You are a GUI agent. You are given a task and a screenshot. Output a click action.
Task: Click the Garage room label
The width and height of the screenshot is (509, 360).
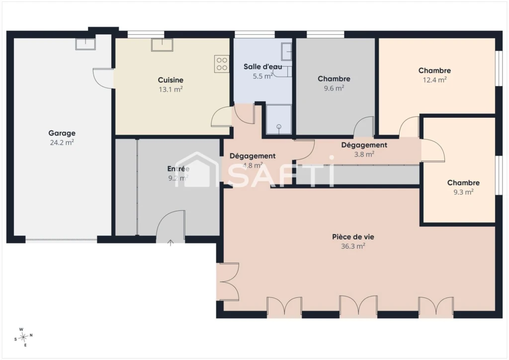coord(62,133)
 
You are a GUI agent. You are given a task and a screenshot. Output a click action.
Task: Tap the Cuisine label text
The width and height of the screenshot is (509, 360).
coord(171,80)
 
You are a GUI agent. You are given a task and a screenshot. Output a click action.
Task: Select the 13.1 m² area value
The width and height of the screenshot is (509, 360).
coord(171,90)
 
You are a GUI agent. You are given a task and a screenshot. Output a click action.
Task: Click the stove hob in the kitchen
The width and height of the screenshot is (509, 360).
coord(222,64)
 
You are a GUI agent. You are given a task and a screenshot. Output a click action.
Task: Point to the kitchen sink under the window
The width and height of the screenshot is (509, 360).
coord(162,45)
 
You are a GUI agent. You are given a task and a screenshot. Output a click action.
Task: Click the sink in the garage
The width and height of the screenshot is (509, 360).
coord(85,44)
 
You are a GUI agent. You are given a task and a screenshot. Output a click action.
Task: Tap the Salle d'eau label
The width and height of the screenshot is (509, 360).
coord(262,67)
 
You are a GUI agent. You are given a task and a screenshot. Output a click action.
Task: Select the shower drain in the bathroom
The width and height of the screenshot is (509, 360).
coord(279,127)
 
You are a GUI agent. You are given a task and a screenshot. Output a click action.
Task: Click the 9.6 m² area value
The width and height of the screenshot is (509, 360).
coord(334,88)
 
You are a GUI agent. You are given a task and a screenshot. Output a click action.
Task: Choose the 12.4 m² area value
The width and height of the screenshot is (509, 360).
coord(434,80)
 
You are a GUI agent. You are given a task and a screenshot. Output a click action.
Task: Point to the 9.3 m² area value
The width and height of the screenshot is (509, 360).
coord(464,192)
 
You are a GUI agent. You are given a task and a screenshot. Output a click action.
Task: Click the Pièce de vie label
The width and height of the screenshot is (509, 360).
coord(353,237)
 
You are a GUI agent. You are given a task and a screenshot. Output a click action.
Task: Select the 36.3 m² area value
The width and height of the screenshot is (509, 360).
coord(353,246)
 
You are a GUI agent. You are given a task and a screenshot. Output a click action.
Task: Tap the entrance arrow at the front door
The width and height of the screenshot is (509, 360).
coord(170,243)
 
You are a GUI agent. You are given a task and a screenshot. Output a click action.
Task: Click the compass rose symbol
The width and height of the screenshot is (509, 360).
coord(23,338)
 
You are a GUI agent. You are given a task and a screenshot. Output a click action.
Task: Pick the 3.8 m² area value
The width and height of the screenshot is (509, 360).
coord(364,154)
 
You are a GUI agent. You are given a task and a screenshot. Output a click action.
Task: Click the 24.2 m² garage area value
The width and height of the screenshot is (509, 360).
coord(62,142)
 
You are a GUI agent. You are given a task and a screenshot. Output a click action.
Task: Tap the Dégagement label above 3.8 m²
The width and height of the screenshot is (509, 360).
coord(364,145)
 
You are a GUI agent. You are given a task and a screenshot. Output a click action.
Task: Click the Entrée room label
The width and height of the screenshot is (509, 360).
coord(178,169)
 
